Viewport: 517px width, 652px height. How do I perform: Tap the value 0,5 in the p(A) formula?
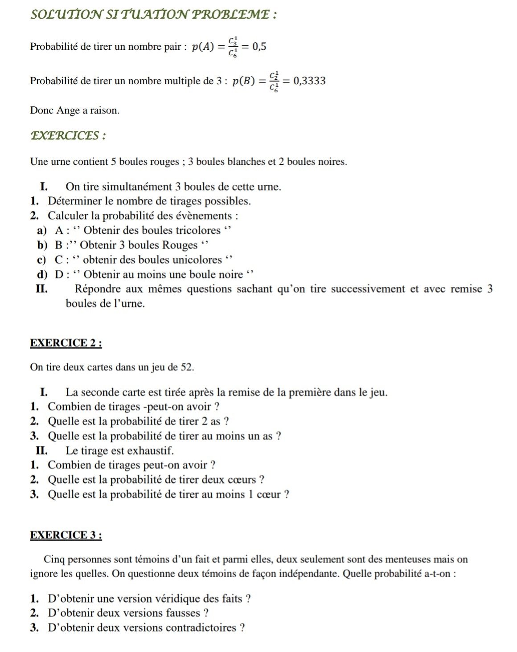tap(259, 46)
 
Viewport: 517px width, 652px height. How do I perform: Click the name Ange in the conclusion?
tap(68, 110)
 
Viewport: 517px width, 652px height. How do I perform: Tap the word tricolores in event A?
tap(196, 230)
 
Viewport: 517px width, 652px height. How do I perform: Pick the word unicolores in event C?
tap(197, 260)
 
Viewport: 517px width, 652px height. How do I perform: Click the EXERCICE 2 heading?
tap(66, 343)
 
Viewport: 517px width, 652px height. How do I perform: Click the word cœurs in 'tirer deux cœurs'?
tap(242, 480)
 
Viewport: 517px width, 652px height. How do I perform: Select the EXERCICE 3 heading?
tap(66, 535)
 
